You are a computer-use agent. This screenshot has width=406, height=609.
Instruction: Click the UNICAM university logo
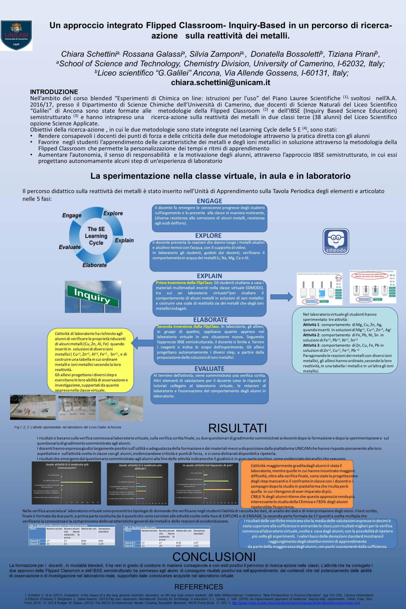(17, 35)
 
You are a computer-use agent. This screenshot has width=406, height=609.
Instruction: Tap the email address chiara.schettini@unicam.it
(221, 82)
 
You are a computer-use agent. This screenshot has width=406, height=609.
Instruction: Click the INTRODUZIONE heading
(54, 92)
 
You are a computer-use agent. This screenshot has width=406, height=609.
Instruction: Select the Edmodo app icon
(336, 241)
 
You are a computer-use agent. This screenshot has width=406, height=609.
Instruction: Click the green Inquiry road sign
(93, 297)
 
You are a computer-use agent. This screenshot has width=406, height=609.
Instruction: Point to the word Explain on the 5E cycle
(124, 241)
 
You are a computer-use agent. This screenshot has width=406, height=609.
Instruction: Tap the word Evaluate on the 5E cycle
(70, 247)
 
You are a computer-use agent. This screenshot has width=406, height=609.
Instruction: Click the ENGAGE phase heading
(209, 201)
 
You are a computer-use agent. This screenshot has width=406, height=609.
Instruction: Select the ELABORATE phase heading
(210, 320)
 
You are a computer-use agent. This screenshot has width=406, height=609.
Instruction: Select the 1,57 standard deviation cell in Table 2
(197, 542)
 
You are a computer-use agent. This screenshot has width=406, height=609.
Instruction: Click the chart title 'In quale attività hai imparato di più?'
(207, 465)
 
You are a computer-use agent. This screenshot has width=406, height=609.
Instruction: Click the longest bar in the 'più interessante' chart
(77, 482)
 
